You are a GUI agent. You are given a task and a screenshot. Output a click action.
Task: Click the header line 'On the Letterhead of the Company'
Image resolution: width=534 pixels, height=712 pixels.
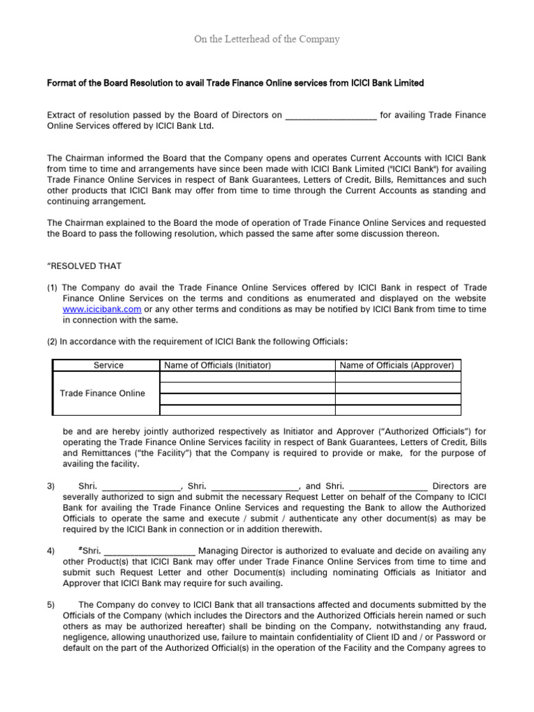[266, 40]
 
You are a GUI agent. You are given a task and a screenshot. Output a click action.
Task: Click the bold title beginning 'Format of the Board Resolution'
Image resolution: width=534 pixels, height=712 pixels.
[235, 83]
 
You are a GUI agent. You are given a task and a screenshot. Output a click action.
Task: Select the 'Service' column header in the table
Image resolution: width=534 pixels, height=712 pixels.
[108, 365]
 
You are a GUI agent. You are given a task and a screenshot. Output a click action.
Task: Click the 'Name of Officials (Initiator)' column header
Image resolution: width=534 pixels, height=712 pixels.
[216, 365]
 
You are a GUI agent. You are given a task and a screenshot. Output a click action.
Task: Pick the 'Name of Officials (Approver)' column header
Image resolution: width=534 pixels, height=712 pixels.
[396, 365]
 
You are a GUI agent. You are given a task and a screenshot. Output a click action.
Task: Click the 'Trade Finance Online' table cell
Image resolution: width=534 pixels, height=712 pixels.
[102, 394]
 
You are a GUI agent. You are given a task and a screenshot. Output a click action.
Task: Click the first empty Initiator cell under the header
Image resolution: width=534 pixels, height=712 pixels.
[247, 377]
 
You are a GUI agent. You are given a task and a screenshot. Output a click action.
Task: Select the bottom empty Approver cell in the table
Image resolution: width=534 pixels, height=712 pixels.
[398, 410]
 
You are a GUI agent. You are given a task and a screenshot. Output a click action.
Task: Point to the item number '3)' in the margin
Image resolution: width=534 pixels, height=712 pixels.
[51, 486]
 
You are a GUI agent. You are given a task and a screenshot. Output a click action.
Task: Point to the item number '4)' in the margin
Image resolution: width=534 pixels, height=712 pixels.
[51, 551]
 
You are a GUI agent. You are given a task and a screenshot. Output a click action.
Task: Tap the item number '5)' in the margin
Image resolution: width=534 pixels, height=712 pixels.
[51, 605]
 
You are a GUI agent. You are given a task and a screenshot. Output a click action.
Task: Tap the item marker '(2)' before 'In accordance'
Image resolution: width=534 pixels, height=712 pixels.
[52, 341]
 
